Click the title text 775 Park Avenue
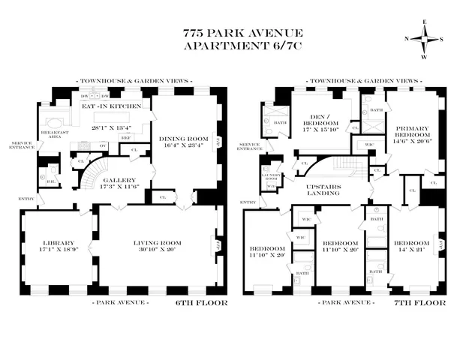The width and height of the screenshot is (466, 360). point(233,34)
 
